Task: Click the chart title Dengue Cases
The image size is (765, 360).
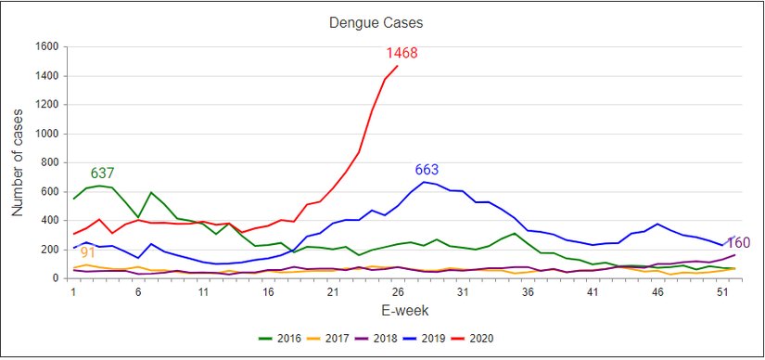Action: [x=382, y=21]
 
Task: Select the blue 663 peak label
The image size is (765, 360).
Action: [x=427, y=170]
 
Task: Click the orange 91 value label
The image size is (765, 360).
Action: [x=88, y=252]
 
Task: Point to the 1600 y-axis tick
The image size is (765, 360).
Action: [x=46, y=46]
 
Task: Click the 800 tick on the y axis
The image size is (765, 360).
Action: [x=50, y=162]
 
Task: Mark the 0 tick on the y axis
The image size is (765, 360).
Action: [x=56, y=278]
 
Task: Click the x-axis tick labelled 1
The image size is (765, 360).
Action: [x=73, y=291]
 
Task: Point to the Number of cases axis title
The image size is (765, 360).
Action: [x=19, y=162]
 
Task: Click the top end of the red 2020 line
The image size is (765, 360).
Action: [x=398, y=66]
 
